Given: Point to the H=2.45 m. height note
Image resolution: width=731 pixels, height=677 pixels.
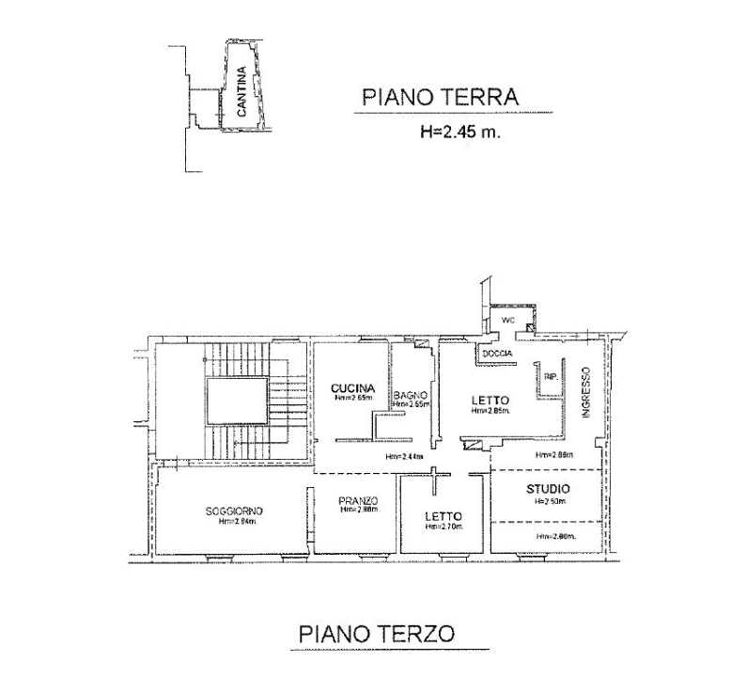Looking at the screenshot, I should pos(460,133).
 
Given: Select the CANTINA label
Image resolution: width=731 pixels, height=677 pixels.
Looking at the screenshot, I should pos(242,89).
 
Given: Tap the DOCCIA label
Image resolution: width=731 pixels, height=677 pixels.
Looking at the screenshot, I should pos(497,353).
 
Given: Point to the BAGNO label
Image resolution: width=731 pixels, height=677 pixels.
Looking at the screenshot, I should pos(411,395).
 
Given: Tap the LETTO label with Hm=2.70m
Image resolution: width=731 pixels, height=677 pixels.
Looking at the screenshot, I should pos(443,515).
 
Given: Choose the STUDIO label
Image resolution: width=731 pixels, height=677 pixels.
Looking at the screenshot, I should pos(547,489).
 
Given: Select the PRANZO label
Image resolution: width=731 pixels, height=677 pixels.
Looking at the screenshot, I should pos(357,500).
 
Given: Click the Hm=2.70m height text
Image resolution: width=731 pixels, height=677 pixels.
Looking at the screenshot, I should pos(443,527).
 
